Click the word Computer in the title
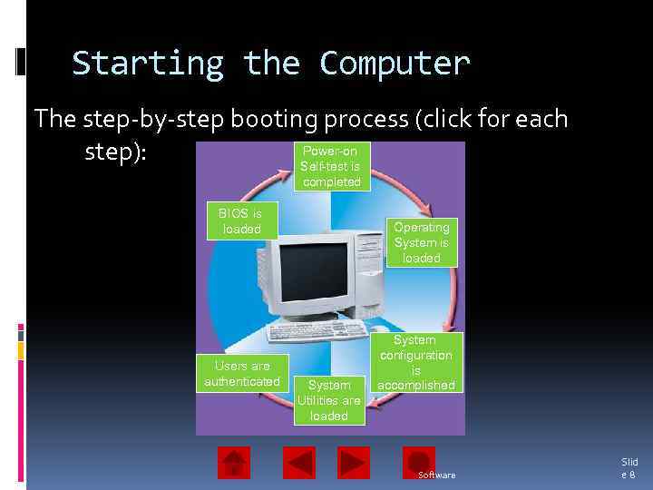395,64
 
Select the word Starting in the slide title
148,64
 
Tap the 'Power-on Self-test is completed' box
331,167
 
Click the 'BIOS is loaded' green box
241,221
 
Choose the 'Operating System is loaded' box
421,242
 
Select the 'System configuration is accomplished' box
416,362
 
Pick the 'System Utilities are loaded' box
328,400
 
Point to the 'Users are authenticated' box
241,373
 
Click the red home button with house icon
234,463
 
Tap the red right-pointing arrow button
354,463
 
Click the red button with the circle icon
418,461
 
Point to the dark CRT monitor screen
314,271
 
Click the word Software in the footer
436,475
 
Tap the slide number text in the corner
629,468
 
